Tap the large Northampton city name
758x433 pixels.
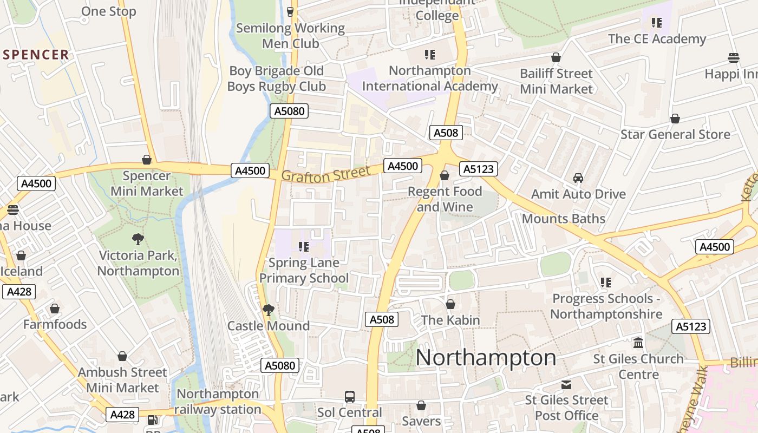(486, 358)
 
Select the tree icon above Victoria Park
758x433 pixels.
(138, 239)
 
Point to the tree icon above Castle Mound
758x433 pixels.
(268, 310)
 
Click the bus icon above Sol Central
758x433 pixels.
(350, 396)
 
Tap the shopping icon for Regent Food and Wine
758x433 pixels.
(445, 175)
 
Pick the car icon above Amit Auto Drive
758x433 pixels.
(578, 178)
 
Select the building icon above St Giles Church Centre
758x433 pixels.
(638, 343)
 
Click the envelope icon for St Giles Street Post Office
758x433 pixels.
(566, 384)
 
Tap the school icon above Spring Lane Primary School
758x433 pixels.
(304, 247)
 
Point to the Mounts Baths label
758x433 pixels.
(563, 219)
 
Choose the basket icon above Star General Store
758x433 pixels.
(675, 119)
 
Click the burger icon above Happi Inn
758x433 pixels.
(734, 58)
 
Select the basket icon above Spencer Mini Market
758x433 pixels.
(146, 160)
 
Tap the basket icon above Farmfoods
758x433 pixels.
(55, 309)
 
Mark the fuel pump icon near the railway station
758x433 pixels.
(153, 419)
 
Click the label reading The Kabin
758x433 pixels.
(450, 320)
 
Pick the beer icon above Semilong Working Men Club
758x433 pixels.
(290, 11)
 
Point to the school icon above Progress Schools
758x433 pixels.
(606, 283)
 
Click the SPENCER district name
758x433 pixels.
(36, 55)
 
